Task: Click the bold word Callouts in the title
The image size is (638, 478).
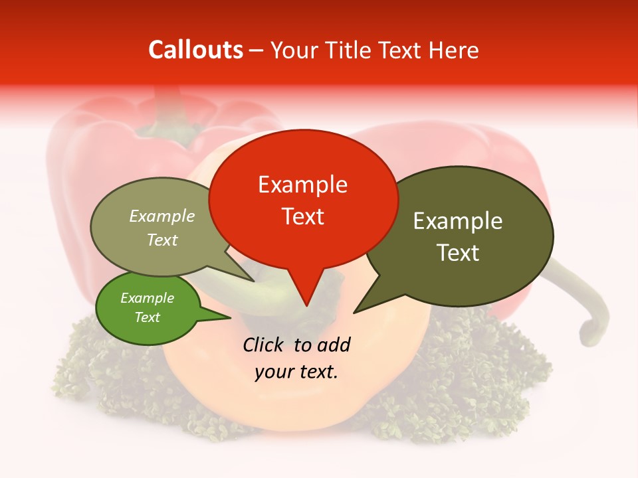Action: (x=195, y=50)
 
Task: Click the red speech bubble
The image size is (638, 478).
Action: (x=303, y=199)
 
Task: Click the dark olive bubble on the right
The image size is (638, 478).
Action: (x=459, y=236)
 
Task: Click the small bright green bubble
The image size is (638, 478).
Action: (x=148, y=308)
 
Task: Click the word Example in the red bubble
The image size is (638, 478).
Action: (x=303, y=184)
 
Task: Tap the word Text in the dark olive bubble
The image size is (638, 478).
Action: (x=458, y=253)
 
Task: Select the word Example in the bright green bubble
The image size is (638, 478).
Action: (x=148, y=298)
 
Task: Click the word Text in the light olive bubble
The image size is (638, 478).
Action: (x=162, y=240)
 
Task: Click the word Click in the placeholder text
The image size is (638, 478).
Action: (x=265, y=345)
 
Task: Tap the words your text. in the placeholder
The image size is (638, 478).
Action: (x=296, y=372)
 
